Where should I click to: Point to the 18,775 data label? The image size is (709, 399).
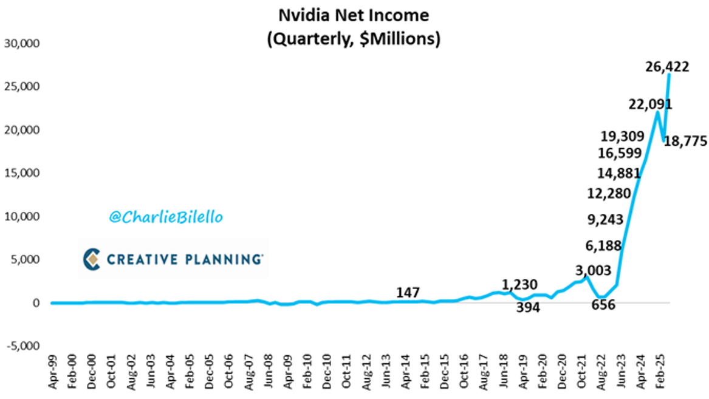tap(684, 142)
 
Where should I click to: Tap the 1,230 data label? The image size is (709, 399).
tap(519, 285)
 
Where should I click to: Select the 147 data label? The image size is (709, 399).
tap(408, 293)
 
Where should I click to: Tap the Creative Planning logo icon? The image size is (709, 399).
tap(91, 259)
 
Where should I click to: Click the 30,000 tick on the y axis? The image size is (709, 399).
tap(21, 44)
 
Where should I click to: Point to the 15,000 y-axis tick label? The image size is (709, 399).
tap(21, 174)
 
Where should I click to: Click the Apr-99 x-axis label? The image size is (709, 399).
tap(52, 375)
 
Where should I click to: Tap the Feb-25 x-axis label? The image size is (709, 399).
tap(659, 375)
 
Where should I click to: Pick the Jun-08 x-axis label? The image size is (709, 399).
tap(269, 375)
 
